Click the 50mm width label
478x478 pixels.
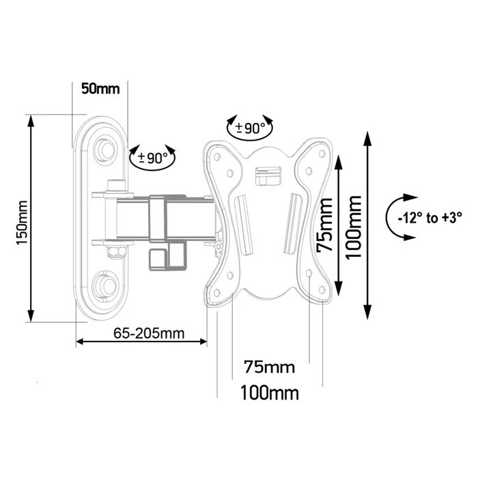[x=100, y=89]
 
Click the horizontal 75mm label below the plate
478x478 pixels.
[x=269, y=367]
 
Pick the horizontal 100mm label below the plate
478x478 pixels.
[x=270, y=393]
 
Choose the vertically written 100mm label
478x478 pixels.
[x=352, y=225]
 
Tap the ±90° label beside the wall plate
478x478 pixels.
[x=152, y=158]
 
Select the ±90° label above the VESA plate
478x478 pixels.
[x=250, y=128]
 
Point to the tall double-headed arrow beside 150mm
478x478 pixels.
[x=31, y=219]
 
